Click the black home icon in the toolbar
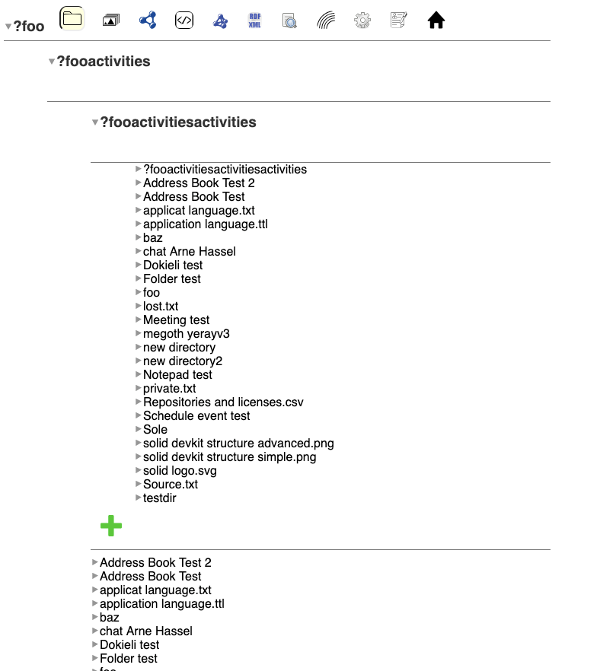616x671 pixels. coord(436,21)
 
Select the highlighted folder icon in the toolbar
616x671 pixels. coord(72,18)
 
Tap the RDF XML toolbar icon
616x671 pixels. coord(255,21)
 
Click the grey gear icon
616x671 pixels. coord(362,21)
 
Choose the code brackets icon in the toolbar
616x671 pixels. coord(184,21)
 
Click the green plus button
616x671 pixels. coord(111,526)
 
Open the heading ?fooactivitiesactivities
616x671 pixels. coord(178,122)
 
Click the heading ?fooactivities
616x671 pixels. coord(104,62)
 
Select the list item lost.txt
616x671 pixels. coord(161,307)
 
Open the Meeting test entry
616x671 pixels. coord(176,320)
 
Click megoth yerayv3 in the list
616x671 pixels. coord(186,334)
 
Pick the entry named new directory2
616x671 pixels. coord(183,361)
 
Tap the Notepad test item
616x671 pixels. coord(177,375)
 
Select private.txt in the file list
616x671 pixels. coord(169,389)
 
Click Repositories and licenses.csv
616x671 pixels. coord(223,402)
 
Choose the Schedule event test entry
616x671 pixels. coord(196,416)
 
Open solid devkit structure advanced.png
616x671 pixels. coord(238,444)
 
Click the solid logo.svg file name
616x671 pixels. coord(180,471)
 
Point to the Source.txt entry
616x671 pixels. coord(171,485)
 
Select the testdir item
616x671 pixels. coord(160,498)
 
